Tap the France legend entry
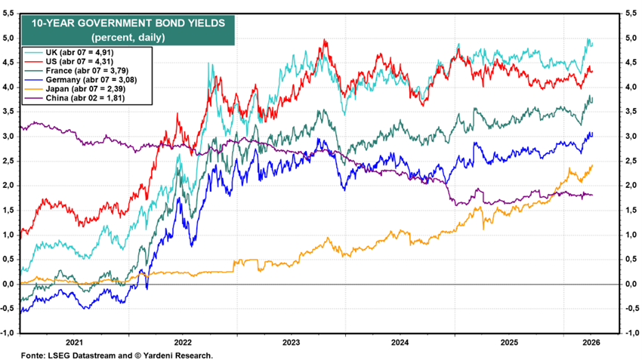click(76, 70)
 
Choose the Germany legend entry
click(80, 79)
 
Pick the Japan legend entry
click(75, 89)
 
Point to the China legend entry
click(74, 98)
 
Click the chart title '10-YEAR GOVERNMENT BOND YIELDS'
click(128, 23)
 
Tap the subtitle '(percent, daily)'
click(128, 37)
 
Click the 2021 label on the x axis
click(74, 343)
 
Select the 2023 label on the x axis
click(291, 343)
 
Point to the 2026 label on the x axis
click(591, 343)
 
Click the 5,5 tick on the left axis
click(8, 14)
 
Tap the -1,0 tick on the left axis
click(8, 333)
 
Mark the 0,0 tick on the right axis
click(631, 284)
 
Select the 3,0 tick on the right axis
click(631, 137)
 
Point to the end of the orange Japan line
click(592, 165)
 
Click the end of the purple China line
click(592, 195)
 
